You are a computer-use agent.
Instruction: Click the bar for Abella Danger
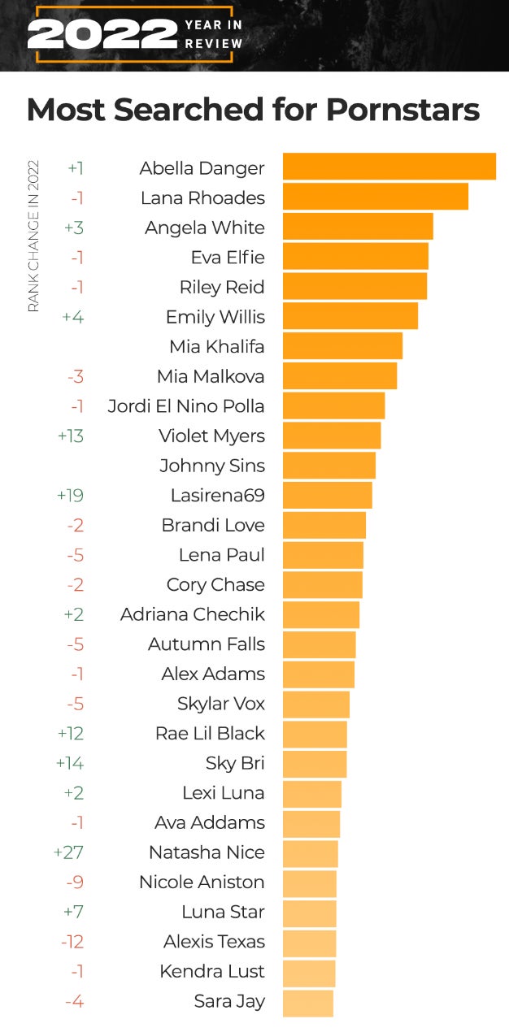tap(389, 167)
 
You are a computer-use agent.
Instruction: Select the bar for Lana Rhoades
tap(375, 197)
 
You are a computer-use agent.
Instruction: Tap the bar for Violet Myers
tap(332, 436)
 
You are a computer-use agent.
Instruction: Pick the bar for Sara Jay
tap(307, 1002)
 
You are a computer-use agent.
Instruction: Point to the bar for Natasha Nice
tap(310, 853)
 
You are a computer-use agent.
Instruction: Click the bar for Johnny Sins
tap(328, 466)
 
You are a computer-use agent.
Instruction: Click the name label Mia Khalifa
tap(217, 346)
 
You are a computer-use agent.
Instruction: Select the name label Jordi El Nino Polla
tap(186, 405)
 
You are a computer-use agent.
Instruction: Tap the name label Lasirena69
tap(217, 495)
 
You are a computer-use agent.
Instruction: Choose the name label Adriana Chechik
tap(193, 614)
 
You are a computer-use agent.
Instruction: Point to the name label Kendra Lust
tap(212, 971)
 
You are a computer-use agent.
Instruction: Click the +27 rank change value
tap(68, 852)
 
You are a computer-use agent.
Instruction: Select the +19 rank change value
tap(71, 495)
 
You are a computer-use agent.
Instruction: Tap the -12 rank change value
tap(72, 942)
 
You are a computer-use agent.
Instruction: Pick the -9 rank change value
tap(75, 882)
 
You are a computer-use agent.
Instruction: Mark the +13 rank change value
tap(71, 436)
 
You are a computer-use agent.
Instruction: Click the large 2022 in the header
tap(102, 34)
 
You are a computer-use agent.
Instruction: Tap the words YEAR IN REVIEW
tap(214, 34)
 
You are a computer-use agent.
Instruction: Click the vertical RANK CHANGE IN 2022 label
tap(33, 236)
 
